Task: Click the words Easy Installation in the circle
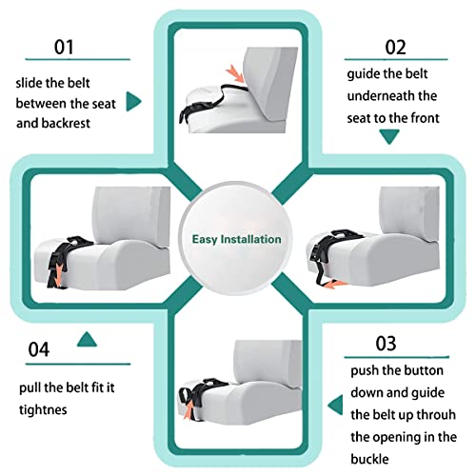pyautogui.click(x=237, y=239)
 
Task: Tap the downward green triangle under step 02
pyautogui.click(x=387, y=136)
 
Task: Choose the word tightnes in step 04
pyautogui.click(x=45, y=410)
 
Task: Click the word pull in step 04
pyautogui.click(x=30, y=388)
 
